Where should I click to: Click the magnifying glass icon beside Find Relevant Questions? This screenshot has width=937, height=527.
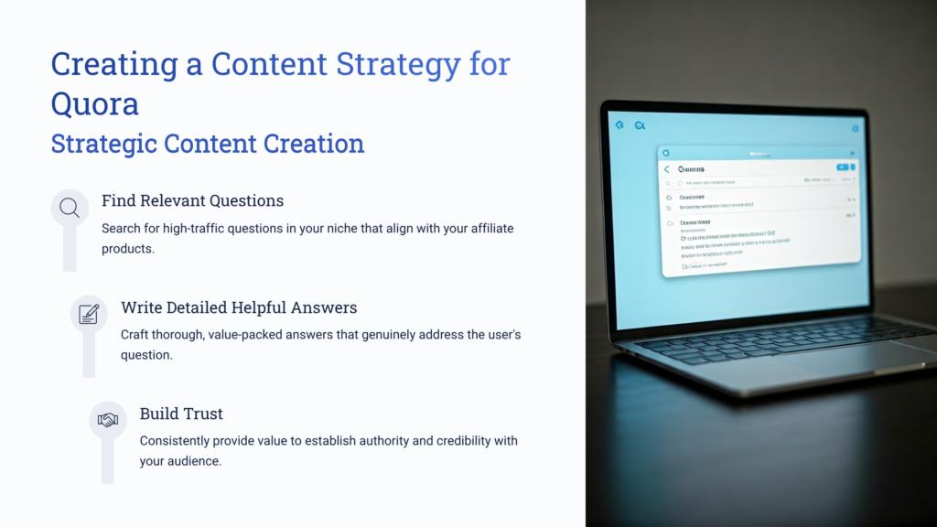(70, 208)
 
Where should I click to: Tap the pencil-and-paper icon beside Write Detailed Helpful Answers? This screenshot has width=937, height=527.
(89, 314)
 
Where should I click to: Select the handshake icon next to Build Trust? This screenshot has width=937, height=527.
(108, 420)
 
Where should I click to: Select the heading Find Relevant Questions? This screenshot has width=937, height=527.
(192, 200)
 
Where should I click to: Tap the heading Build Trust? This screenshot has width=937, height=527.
(181, 414)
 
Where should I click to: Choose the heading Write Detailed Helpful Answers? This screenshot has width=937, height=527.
(239, 307)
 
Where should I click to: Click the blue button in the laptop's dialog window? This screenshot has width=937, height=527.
(842, 167)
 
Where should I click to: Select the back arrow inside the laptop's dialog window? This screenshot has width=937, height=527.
(667, 169)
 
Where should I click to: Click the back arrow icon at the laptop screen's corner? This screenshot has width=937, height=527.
(619, 124)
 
